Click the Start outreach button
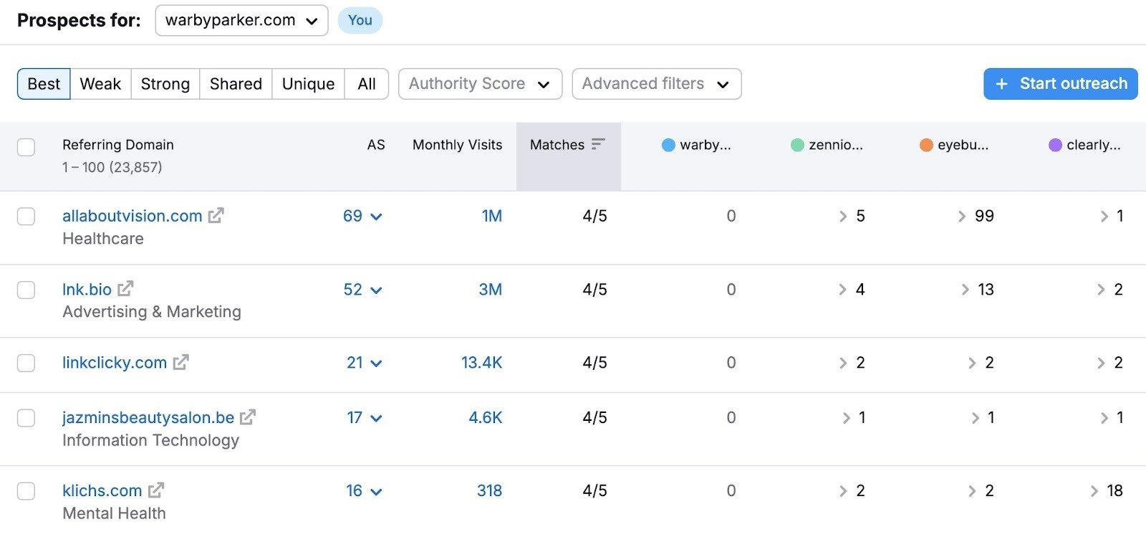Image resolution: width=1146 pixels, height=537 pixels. tap(1060, 84)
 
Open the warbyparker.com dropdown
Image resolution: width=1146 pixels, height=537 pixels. tap(241, 21)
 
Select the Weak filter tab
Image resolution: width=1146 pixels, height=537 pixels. tap(100, 84)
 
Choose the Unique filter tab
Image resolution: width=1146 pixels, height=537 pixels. tap(308, 84)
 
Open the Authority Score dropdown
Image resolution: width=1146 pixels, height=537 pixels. tap(480, 84)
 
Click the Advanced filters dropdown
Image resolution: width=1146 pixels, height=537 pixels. tap(656, 84)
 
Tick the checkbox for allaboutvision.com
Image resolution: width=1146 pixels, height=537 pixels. tap(27, 216)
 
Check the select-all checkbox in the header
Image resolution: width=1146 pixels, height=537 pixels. tap(27, 147)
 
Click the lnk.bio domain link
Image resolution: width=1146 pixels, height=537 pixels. tap(87, 290)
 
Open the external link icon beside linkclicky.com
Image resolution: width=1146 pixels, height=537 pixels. tap(181, 363)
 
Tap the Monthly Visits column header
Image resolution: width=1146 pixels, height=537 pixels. tap(457, 145)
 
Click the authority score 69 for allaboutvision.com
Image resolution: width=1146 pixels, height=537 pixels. tap(352, 216)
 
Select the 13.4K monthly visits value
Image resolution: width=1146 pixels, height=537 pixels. tap(481, 363)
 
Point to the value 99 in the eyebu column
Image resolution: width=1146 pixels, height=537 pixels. tap(984, 216)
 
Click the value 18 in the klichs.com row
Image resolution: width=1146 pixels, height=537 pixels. tap(1114, 491)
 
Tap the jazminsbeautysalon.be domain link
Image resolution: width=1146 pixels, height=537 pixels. tap(148, 418)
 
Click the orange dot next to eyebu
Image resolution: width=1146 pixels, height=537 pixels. tap(926, 145)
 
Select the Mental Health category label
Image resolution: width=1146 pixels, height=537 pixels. tap(114, 513)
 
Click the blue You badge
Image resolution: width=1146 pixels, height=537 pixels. tap(360, 21)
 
